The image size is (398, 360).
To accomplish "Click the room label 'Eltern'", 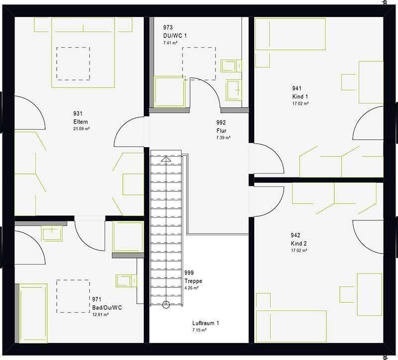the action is tap(81, 121).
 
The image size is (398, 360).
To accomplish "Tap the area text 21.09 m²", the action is tap(82, 129).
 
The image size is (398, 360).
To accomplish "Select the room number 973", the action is tap(168, 27).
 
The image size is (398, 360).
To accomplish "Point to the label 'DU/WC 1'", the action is tap(175, 36).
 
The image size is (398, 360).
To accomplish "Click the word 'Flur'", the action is tap(221, 131).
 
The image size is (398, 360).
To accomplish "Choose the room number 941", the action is tap(297, 89).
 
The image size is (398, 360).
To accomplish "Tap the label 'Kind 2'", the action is tap(299, 244).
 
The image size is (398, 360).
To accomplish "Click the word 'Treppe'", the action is tap(193, 281).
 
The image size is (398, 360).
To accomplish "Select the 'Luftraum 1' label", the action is tap(205, 323).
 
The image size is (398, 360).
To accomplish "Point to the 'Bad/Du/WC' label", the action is tap(107, 308).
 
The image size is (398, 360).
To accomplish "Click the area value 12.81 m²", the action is tap(100, 315).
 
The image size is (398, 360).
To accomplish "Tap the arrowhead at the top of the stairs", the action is tap(166, 159).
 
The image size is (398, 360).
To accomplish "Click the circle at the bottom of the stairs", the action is tap(166, 304).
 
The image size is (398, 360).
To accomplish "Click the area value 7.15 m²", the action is tap(199, 330).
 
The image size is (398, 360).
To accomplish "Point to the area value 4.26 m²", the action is tap(192, 288).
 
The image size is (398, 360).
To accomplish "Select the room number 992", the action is tap(221, 122).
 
